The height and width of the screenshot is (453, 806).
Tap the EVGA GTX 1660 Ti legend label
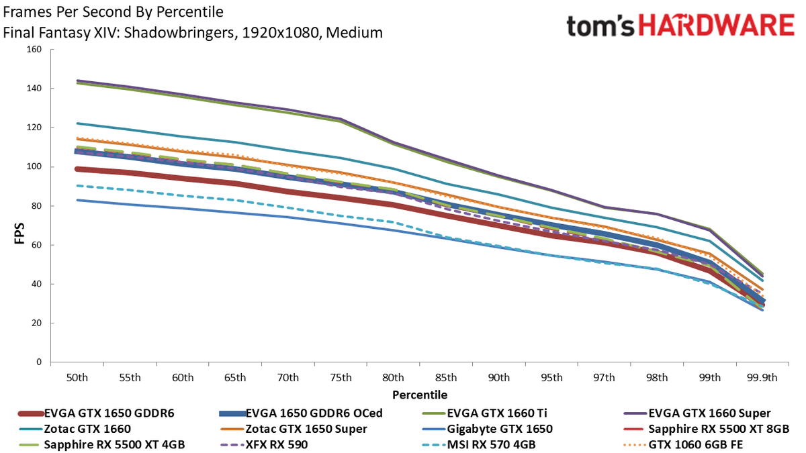[497, 413]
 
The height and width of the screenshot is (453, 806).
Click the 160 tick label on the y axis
[34, 49]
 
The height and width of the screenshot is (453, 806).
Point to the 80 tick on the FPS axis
[36, 206]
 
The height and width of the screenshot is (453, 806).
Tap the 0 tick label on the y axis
[39, 362]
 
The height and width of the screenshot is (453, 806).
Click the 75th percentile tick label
[341, 378]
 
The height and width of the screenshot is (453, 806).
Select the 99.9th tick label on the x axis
[762, 378]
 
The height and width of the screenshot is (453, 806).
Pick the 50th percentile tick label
[77, 378]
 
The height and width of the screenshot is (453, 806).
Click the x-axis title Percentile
[420, 395]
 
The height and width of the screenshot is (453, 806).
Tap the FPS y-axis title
[19, 234]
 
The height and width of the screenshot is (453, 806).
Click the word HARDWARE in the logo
[717, 26]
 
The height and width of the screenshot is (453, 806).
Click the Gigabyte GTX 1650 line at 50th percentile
[77, 200]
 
